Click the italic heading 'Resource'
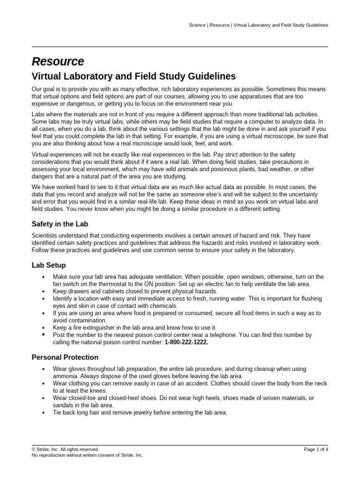point(58,61)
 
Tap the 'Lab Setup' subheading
point(49,265)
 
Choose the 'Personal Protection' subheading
point(65,357)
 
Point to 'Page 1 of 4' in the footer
point(316,449)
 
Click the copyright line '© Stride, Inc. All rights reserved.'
point(65,449)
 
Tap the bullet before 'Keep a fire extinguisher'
point(43,328)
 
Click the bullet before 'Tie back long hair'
point(43,413)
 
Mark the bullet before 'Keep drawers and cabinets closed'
point(43,292)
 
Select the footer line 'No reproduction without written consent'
point(87,455)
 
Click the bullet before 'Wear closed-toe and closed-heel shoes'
point(43,398)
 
